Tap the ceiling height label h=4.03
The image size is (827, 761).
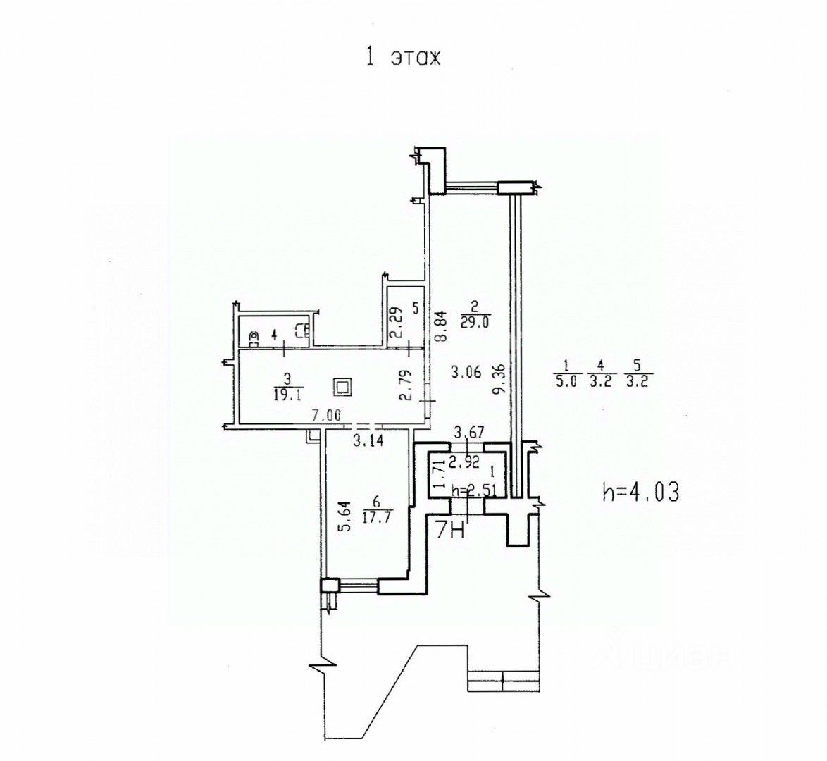pos(641,493)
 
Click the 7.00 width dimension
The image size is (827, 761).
pos(328,416)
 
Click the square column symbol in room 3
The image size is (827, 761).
pos(344,387)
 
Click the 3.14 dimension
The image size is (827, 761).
pos(366,441)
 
